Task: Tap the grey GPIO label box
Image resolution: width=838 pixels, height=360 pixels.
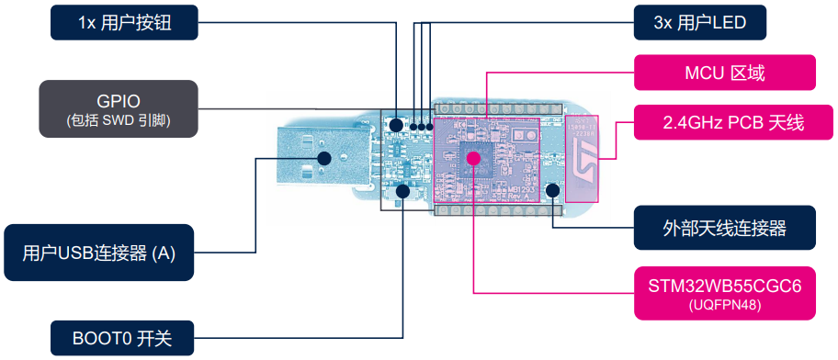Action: point(119,108)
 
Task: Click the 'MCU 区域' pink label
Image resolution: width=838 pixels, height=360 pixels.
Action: point(725,73)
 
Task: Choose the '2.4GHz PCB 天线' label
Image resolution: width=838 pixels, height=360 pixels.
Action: point(725,122)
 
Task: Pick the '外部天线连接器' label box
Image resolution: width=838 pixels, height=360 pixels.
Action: point(725,227)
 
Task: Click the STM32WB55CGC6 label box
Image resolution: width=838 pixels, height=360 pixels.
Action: point(725,293)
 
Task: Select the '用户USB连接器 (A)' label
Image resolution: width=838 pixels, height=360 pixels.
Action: point(99,253)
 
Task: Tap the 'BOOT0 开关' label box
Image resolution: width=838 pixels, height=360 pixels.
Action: point(121,339)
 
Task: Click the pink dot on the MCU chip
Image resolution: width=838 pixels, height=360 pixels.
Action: point(473,158)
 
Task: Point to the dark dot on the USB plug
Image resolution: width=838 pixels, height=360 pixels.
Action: point(323,157)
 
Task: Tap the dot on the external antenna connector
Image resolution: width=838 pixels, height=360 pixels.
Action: point(552,191)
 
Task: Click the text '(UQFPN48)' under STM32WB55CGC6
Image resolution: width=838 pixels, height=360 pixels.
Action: point(725,306)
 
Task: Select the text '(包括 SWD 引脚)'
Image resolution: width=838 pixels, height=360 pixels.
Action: point(119,120)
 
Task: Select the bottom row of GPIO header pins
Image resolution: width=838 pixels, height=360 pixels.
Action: point(496,211)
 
